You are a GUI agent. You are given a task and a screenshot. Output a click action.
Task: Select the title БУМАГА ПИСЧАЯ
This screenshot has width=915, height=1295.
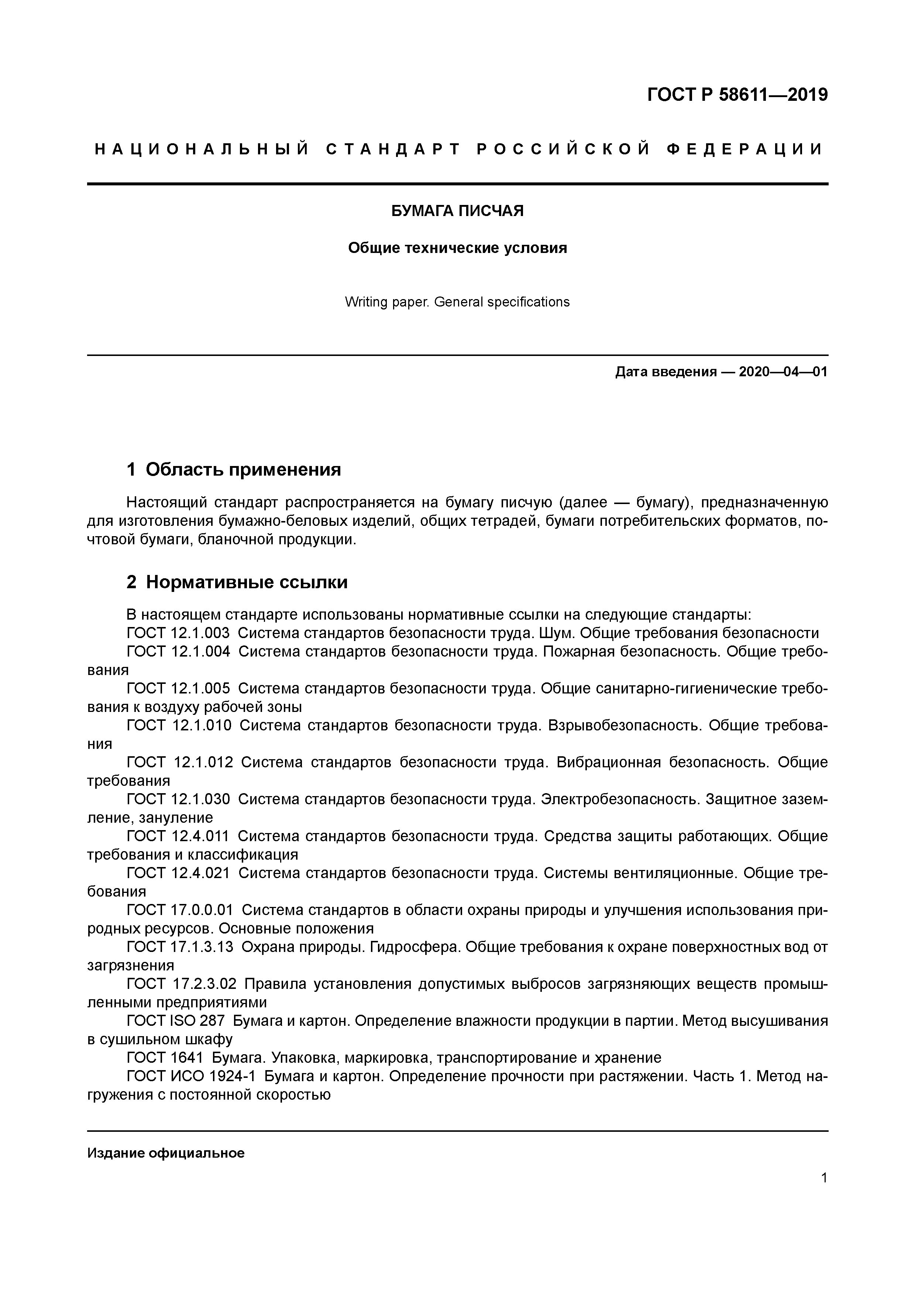pyautogui.click(x=457, y=211)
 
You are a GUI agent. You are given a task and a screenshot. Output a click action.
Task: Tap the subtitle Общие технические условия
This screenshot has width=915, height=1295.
pyautogui.click(x=457, y=248)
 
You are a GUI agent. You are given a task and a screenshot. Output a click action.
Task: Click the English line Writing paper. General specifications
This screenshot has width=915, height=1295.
pyautogui.click(x=457, y=302)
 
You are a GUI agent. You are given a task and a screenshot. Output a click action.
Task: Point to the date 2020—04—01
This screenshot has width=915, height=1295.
pyautogui.click(x=782, y=372)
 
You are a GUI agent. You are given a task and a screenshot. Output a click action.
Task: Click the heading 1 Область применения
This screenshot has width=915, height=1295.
pyautogui.click(x=234, y=469)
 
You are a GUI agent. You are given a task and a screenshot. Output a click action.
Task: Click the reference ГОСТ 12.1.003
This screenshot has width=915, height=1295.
pyautogui.click(x=178, y=633)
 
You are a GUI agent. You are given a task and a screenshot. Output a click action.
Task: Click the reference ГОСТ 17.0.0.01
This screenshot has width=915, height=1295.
pyautogui.click(x=179, y=910)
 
